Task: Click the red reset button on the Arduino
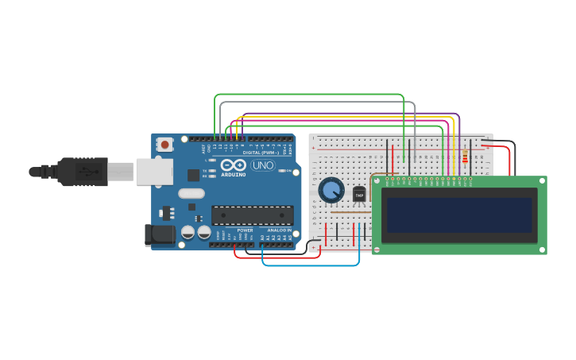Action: tap(164, 145)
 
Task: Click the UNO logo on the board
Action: tap(263, 165)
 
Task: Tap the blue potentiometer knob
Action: tap(331, 190)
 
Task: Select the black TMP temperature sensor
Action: tap(359, 195)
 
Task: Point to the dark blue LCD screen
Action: tap(456, 215)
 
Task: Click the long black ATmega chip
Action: tap(252, 215)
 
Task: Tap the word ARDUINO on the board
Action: tap(234, 174)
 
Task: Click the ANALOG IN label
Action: tap(273, 230)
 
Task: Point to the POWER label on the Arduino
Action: tap(245, 230)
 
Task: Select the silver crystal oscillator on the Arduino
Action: tap(191, 193)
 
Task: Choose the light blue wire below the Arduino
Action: tap(310, 265)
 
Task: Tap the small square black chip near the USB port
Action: tap(193, 175)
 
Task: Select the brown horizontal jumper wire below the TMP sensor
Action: tap(350, 212)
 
